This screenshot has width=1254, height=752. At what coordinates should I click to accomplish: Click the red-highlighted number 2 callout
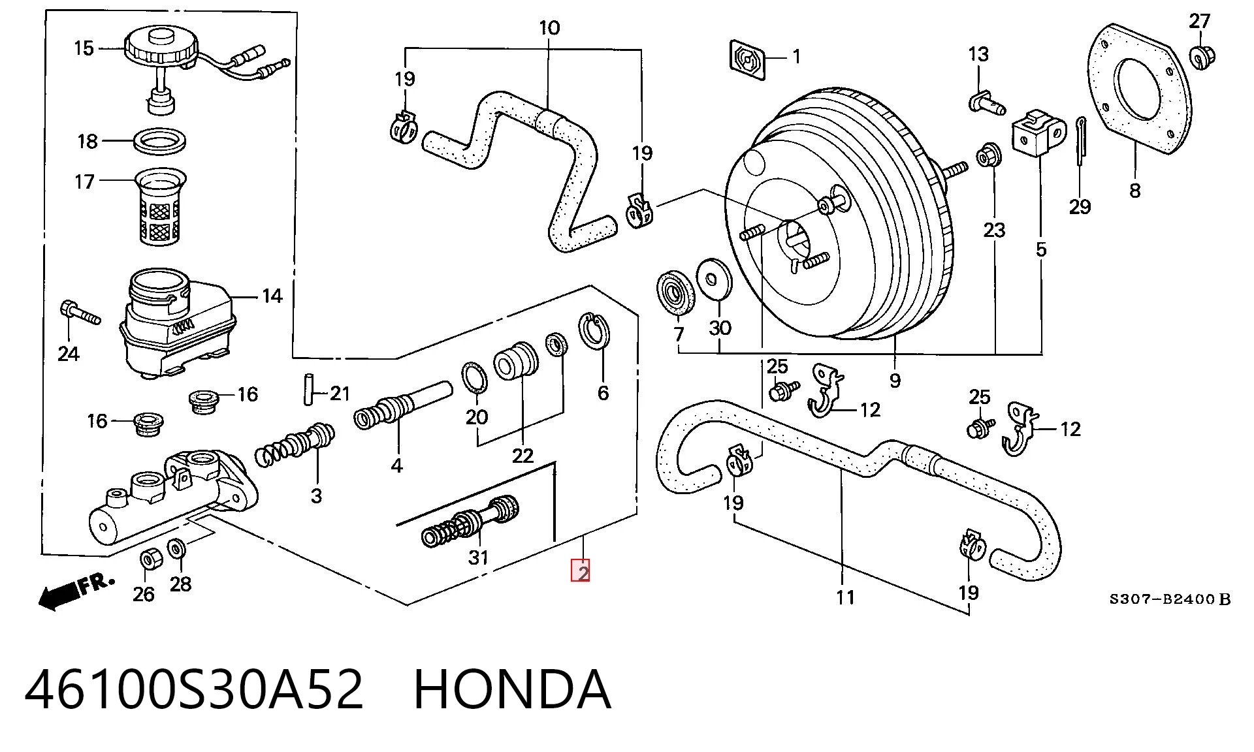[x=581, y=571]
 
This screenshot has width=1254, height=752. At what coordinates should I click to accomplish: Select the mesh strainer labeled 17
[x=160, y=206]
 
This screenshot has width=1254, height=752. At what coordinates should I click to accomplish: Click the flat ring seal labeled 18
[x=161, y=142]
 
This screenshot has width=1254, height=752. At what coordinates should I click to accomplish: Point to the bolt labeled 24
[x=79, y=311]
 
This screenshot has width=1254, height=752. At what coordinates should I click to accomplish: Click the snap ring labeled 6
[x=595, y=331]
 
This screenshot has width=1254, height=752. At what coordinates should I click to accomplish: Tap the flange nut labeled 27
[x=1198, y=56]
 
